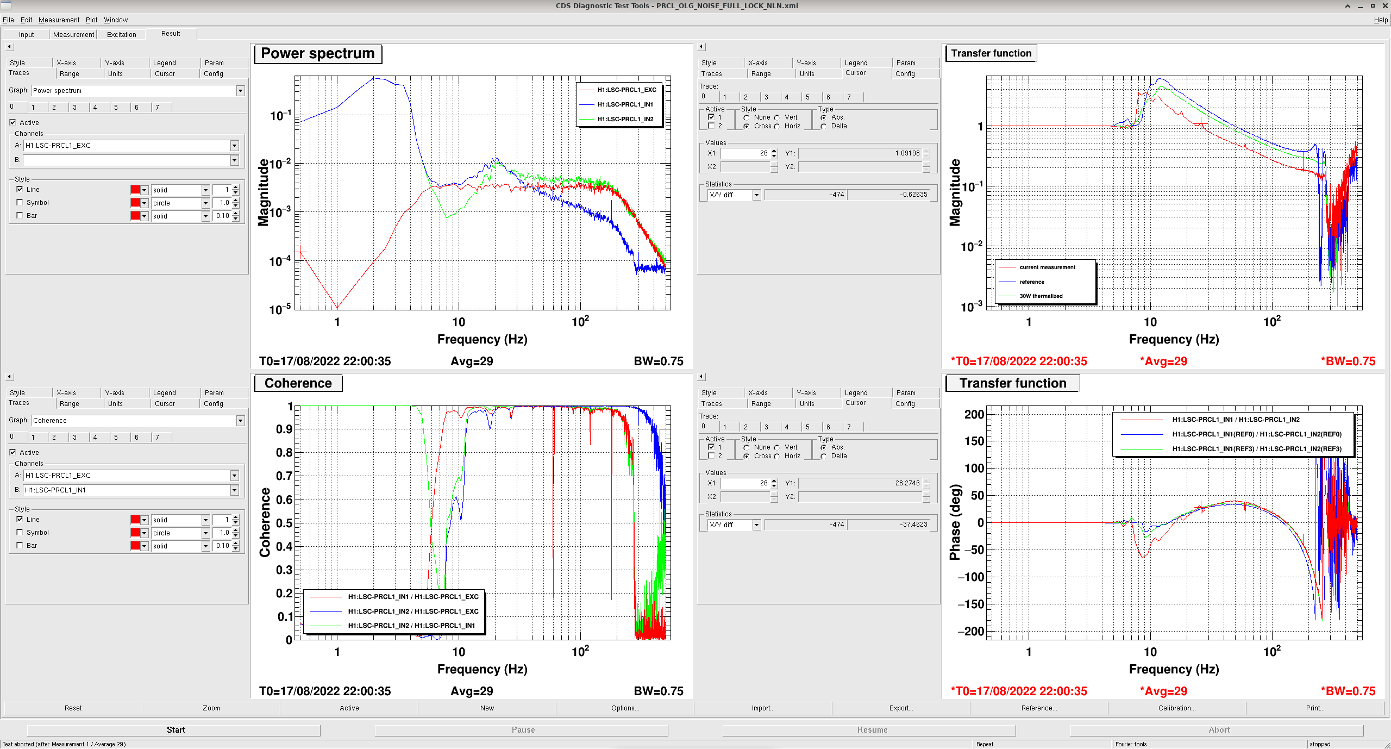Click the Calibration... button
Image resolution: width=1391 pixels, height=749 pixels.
click(1177, 708)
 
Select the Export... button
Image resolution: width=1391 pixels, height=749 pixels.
click(901, 708)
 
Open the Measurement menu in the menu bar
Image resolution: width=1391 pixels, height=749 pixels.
click(59, 20)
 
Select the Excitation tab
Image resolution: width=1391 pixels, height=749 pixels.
click(122, 34)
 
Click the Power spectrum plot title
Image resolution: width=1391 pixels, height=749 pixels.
click(318, 53)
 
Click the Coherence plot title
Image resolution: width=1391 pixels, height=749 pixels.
click(298, 383)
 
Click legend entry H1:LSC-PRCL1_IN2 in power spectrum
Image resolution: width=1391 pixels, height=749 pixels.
click(625, 119)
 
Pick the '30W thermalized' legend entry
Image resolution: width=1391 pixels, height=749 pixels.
click(1041, 296)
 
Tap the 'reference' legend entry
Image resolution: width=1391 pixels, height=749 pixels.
click(1032, 282)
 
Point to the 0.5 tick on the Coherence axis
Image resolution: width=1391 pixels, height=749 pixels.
click(284, 523)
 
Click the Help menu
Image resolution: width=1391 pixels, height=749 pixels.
click(1381, 20)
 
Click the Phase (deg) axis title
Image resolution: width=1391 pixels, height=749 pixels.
click(955, 522)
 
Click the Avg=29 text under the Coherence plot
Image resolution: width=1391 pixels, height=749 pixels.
click(472, 691)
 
